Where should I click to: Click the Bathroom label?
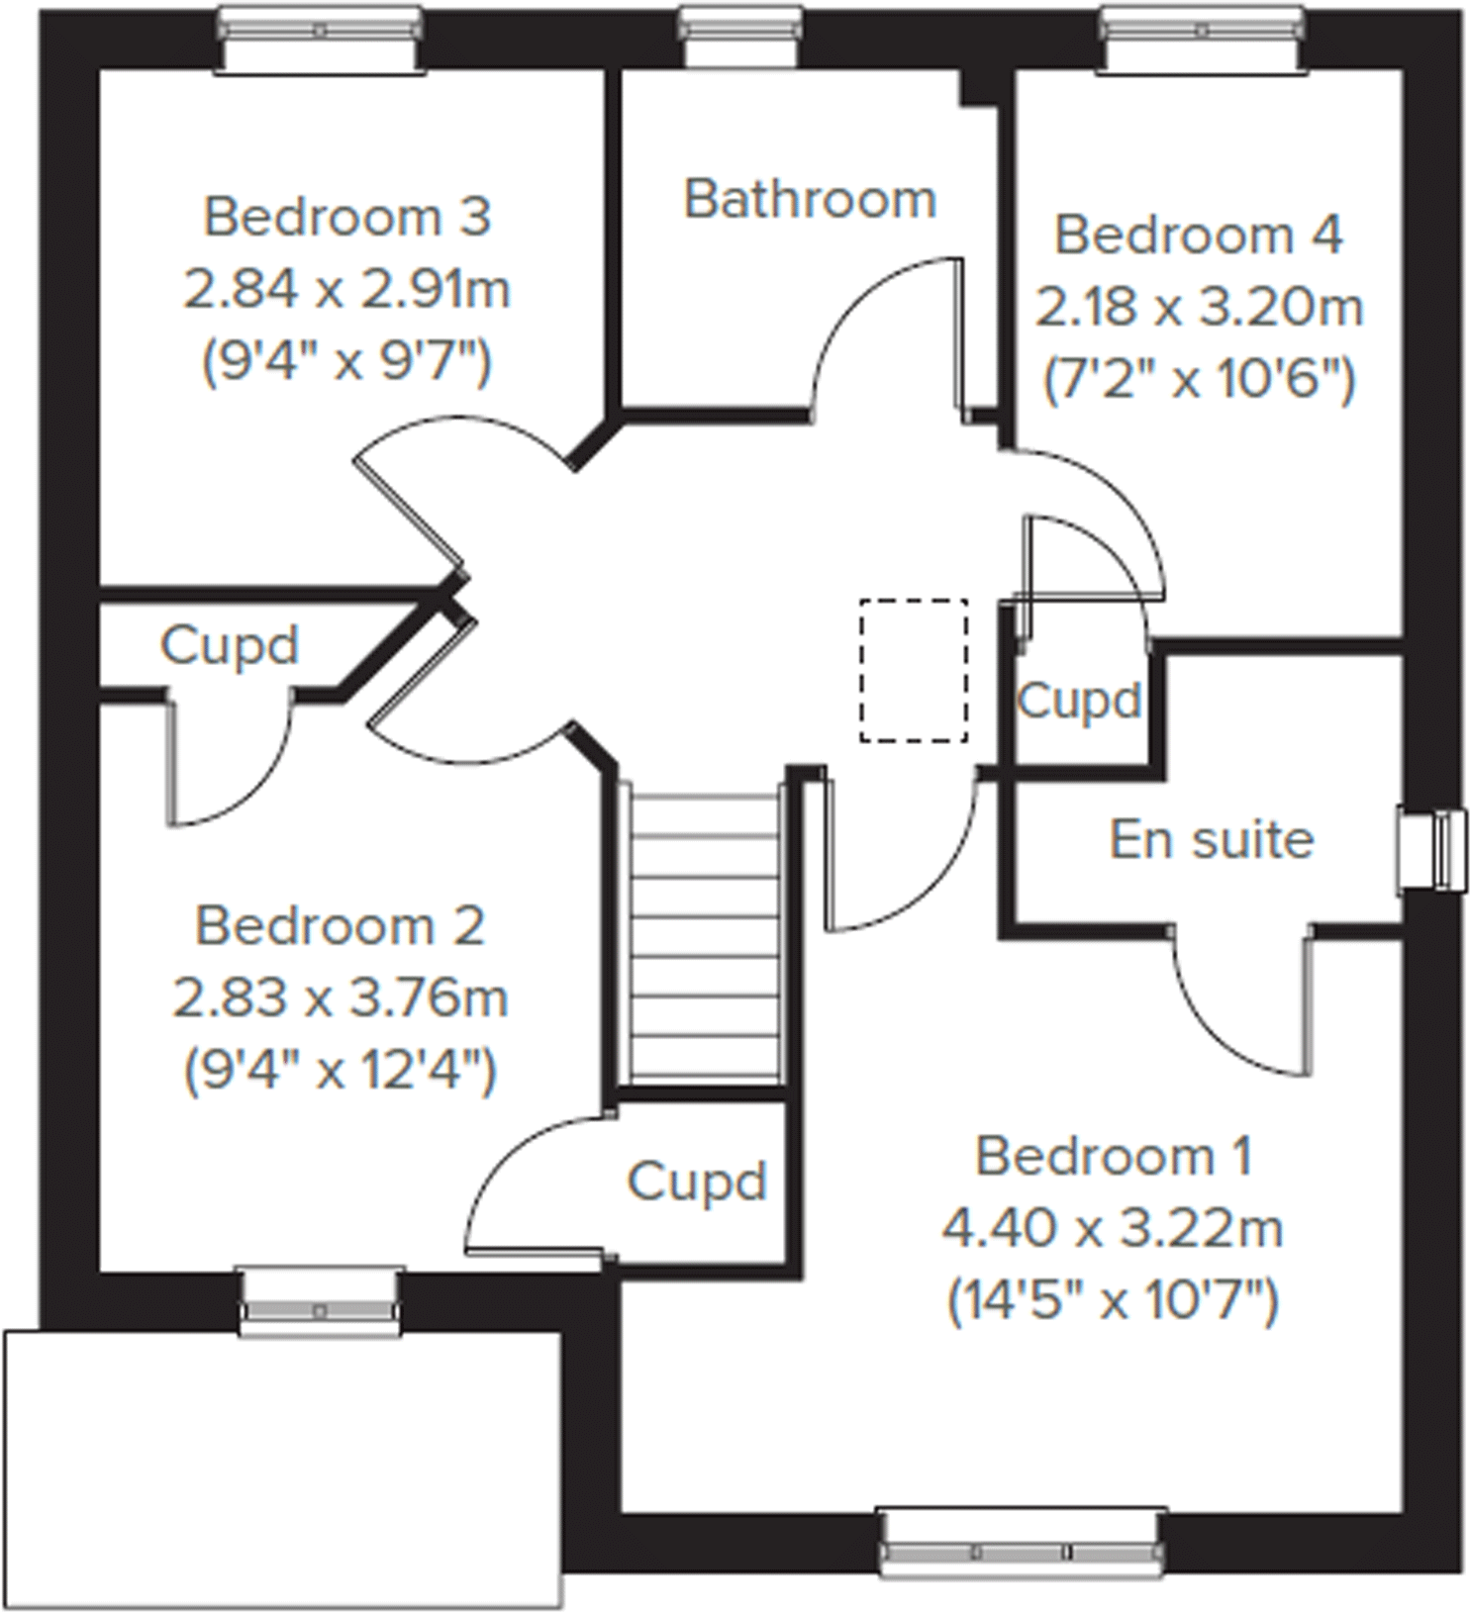[x=810, y=199]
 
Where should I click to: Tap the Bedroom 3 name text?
[x=346, y=217]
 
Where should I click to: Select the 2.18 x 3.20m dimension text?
[x=1199, y=308]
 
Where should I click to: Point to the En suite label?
[x=1212, y=840]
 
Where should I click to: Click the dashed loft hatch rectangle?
[x=913, y=670]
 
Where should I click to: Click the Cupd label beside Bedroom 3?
[x=229, y=646]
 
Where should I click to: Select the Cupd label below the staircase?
[x=697, y=1181]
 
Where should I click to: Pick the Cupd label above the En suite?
[x=1079, y=702]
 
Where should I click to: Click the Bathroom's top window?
[x=740, y=35]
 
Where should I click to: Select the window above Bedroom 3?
[x=320, y=37]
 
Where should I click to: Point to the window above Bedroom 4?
[x=1202, y=37]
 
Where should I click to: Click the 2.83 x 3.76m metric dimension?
[x=341, y=997]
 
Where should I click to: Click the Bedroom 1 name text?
[x=1114, y=1157]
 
